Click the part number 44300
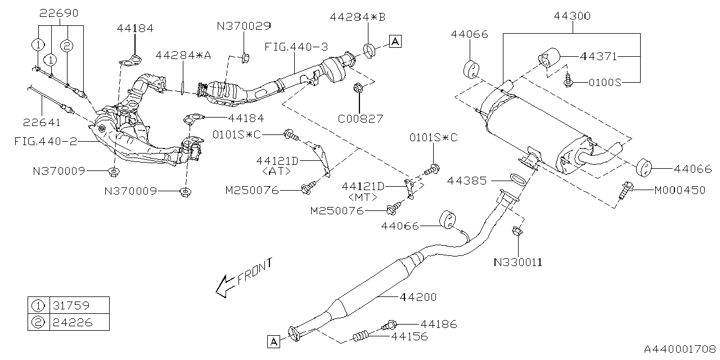[571, 16]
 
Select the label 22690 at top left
[59, 12]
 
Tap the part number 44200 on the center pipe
[418, 296]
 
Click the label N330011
[518, 262]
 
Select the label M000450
[679, 190]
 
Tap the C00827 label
[361, 119]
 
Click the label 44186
[438, 324]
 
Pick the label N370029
[244, 25]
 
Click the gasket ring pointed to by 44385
[517, 179]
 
